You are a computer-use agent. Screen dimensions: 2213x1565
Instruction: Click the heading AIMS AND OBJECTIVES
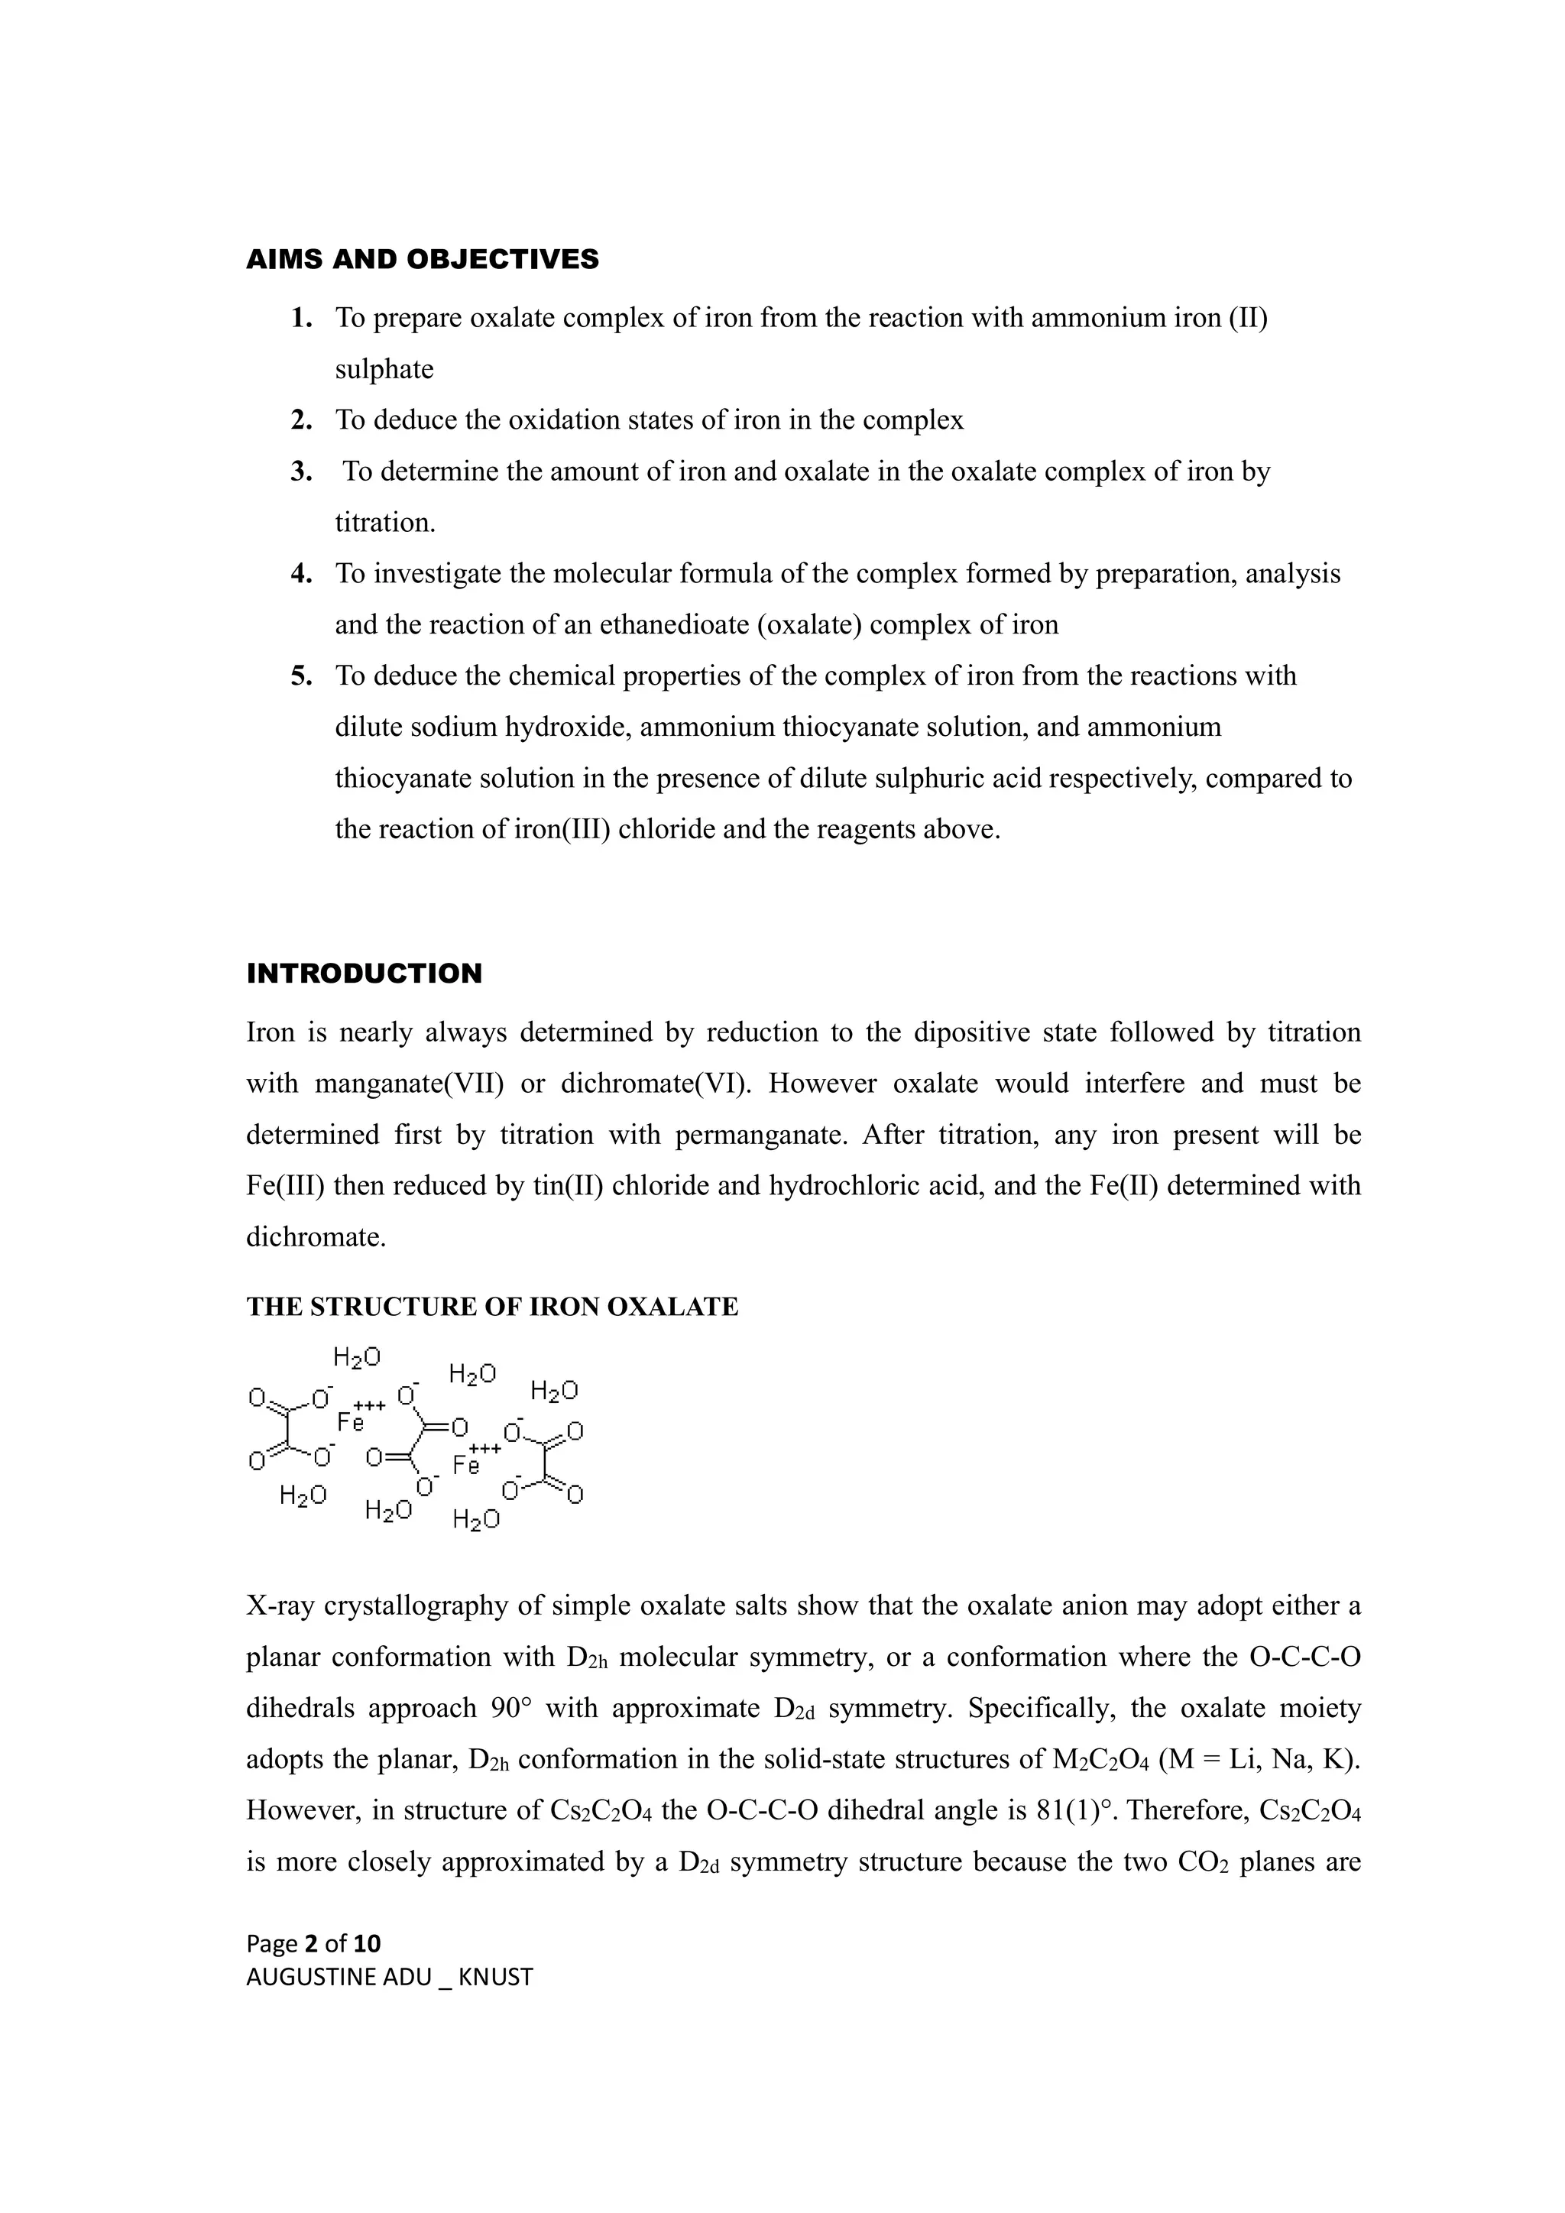coord(422,259)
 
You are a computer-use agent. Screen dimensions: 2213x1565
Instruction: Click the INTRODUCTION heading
coord(365,974)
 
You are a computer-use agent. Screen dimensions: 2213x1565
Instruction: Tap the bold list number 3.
coord(302,471)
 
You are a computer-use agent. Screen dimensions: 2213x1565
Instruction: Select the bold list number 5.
coord(302,676)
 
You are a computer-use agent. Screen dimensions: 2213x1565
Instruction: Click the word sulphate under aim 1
coord(384,369)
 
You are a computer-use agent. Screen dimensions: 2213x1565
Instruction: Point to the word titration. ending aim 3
coord(384,523)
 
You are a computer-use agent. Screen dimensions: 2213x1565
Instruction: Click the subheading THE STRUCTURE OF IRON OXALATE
coord(491,1307)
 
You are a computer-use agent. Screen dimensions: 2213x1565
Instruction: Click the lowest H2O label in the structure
coord(476,1520)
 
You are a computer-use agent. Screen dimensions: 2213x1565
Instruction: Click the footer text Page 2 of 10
coord(313,1943)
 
